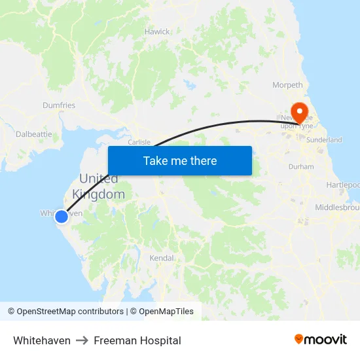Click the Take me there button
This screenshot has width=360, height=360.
coord(180,160)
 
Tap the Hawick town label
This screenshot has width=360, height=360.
coord(157,31)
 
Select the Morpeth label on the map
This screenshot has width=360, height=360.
coord(288,85)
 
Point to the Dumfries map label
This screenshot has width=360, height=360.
coord(59,105)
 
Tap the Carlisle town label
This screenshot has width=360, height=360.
coord(139,142)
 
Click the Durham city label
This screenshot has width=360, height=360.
coord(301,167)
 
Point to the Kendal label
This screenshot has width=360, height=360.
coord(162,258)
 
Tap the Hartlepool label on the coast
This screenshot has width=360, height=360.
coord(343,185)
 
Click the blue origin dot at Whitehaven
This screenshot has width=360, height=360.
coord(61,216)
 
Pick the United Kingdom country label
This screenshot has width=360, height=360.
coord(99,187)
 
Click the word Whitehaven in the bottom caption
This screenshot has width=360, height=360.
coord(42,340)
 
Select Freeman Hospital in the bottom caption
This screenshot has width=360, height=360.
coord(137,340)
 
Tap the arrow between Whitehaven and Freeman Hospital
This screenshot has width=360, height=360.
coord(82,340)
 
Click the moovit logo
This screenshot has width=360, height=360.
coord(321,340)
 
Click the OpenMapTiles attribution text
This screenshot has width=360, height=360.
coord(166,312)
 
